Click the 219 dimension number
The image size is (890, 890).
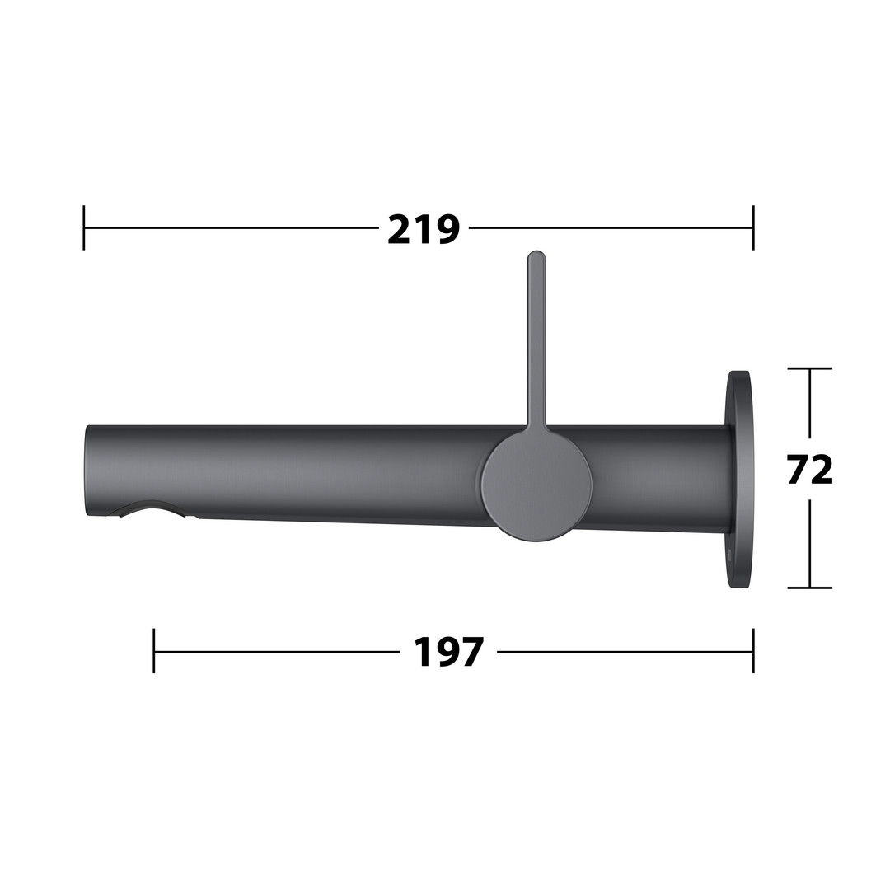(x=424, y=229)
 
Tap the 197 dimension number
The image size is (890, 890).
(x=448, y=652)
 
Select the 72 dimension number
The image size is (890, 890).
(x=810, y=470)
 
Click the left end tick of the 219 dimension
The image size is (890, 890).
(x=84, y=227)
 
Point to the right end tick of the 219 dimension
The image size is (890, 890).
(x=753, y=227)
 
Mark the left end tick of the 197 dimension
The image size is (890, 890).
(x=154, y=650)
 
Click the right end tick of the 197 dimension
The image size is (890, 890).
(x=753, y=650)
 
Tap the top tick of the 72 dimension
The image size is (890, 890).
(x=810, y=368)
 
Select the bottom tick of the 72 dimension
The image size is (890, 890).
(x=810, y=588)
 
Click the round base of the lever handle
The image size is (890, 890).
(x=536, y=485)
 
